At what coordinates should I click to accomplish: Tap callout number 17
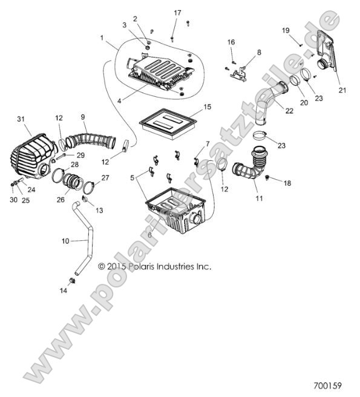click(x=177, y=13)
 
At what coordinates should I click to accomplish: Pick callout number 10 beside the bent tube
click(x=65, y=241)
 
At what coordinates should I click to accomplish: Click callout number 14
click(x=64, y=290)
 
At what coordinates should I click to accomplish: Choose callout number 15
click(x=207, y=107)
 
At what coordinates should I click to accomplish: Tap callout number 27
click(x=105, y=178)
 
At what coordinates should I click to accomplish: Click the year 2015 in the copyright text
click(x=117, y=266)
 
